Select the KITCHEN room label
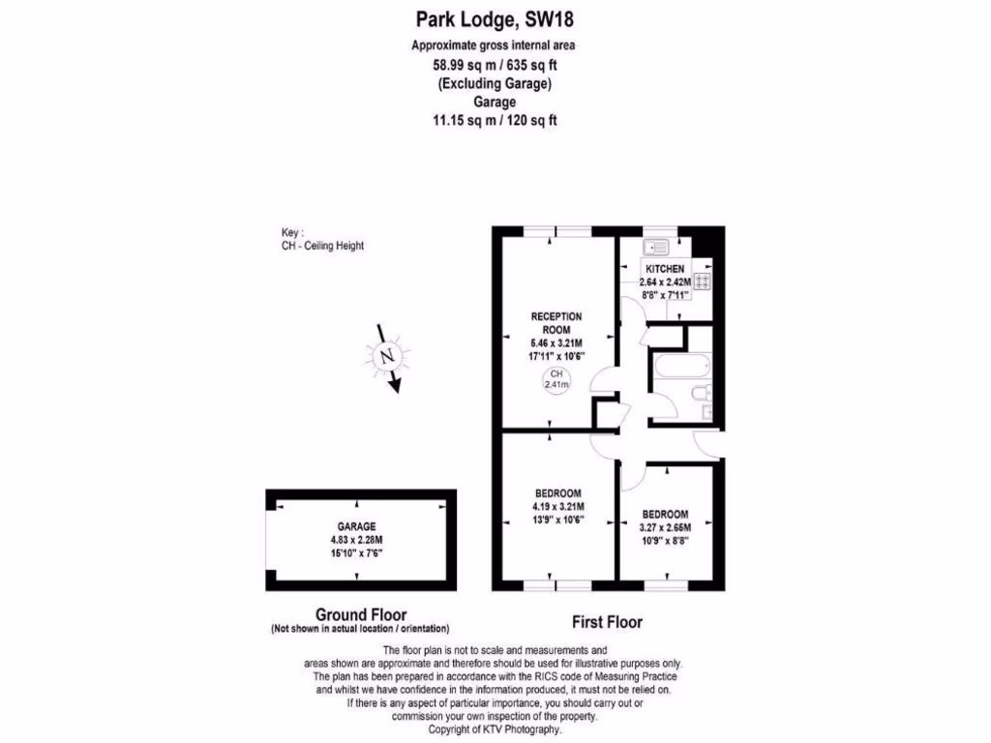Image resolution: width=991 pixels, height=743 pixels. (665, 268)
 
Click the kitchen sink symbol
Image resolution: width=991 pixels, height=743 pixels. (658, 246)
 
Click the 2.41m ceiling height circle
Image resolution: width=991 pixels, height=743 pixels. (556, 379)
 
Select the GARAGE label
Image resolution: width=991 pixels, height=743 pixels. (356, 527)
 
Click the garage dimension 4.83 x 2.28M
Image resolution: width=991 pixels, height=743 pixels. (356, 540)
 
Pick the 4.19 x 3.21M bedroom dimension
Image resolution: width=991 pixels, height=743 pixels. (557, 506)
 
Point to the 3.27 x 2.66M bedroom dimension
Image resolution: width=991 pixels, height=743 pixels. (665, 527)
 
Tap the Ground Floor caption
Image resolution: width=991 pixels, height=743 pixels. (361, 614)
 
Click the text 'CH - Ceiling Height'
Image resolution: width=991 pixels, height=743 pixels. (322, 246)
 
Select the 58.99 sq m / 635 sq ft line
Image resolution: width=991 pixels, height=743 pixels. (495, 66)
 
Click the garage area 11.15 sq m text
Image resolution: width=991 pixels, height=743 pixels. (495, 121)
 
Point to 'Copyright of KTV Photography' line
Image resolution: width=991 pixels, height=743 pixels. (495, 729)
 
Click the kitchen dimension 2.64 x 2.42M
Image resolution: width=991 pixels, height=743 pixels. (665, 282)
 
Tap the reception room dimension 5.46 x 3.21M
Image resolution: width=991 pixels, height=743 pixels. (556, 343)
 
